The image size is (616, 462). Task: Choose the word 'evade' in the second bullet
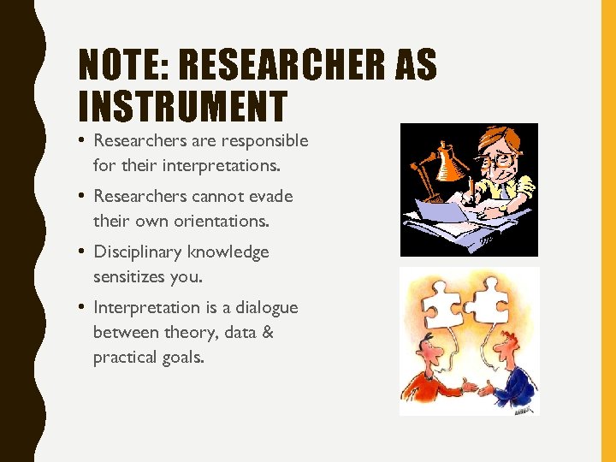point(272,196)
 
